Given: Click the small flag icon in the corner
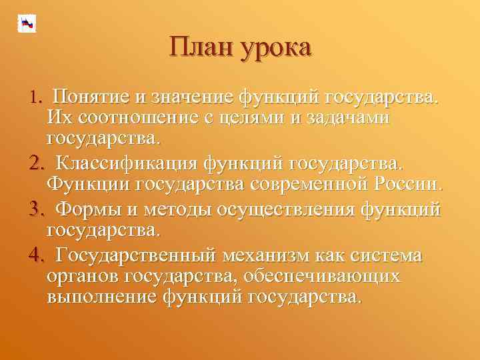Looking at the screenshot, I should pyautogui.click(x=27, y=23).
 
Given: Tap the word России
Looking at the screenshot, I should pyautogui.click(x=407, y=185).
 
